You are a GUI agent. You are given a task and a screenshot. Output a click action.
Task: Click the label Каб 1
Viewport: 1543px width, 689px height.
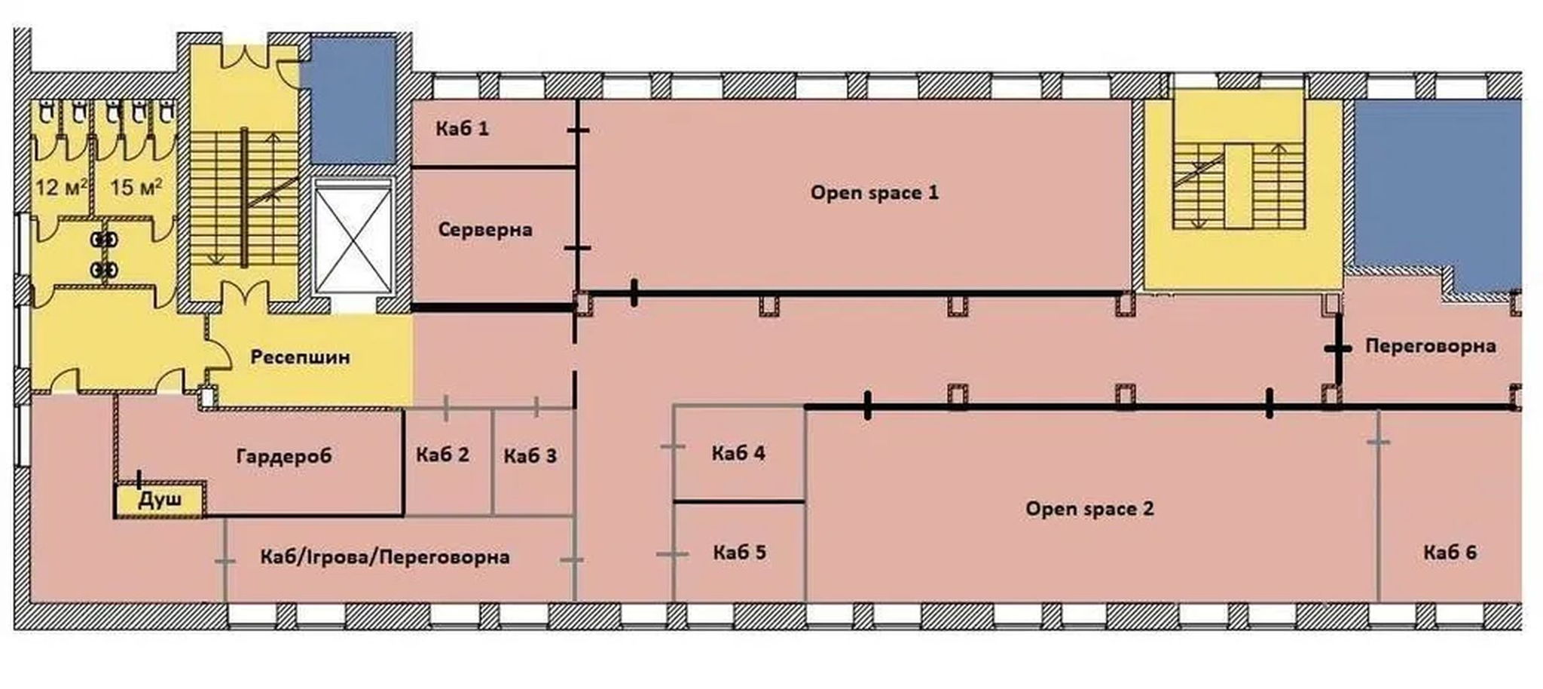click(462, 129)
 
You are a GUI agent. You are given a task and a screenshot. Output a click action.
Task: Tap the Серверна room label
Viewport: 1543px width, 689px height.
click(484, 229)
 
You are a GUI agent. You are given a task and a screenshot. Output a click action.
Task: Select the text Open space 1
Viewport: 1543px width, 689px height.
click(874, 193)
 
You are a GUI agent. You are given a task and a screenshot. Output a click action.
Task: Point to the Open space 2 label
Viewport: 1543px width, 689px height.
click(1089, 509)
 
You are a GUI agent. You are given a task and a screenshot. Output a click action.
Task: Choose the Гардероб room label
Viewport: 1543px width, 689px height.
click(283, 456)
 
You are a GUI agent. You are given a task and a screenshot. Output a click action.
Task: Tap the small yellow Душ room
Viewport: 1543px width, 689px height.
click(160, 501)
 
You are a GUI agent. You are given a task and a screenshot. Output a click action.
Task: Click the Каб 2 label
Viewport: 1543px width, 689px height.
click(442, 455)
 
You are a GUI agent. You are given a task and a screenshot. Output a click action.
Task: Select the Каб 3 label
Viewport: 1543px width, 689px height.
click(530, 456)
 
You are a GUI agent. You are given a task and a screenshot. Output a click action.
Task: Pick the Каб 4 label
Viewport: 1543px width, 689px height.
click(738, 453)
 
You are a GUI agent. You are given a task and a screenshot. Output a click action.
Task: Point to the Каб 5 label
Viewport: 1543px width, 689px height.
click(739, 553)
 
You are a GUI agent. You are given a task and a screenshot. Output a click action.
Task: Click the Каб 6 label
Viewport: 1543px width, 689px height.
click(1450, 553)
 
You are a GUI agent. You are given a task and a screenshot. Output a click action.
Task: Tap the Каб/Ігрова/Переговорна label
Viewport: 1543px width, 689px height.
click(384, 558)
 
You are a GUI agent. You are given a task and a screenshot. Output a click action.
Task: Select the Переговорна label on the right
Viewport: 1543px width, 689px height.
click(1430, 346)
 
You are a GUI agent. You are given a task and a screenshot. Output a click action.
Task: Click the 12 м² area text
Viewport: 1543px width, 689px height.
click(60, 186)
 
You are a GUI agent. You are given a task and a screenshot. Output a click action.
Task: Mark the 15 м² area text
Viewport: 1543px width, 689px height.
click(136, 186)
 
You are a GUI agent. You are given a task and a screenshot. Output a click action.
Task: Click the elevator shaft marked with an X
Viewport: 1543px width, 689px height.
click(353, 237)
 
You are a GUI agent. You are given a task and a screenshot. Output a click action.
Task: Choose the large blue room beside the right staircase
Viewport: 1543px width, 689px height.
click(1435, 188)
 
